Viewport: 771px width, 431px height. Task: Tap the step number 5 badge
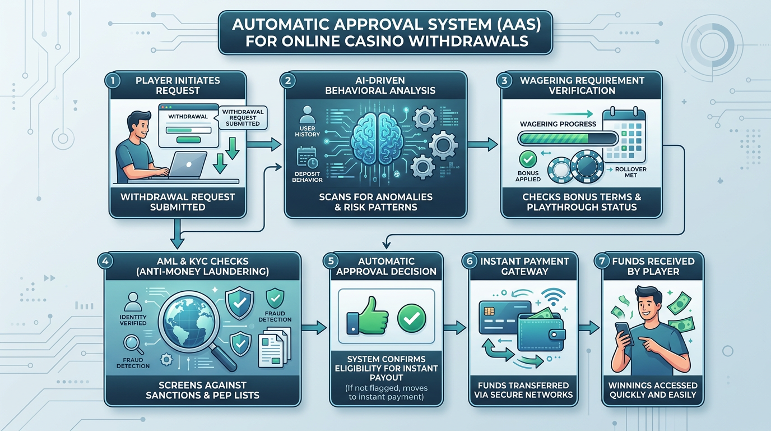point(332,262)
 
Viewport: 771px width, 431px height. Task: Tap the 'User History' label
point(307,131)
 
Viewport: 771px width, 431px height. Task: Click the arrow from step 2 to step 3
point(483,145)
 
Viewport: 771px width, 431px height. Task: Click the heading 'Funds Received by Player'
point(653,267)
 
